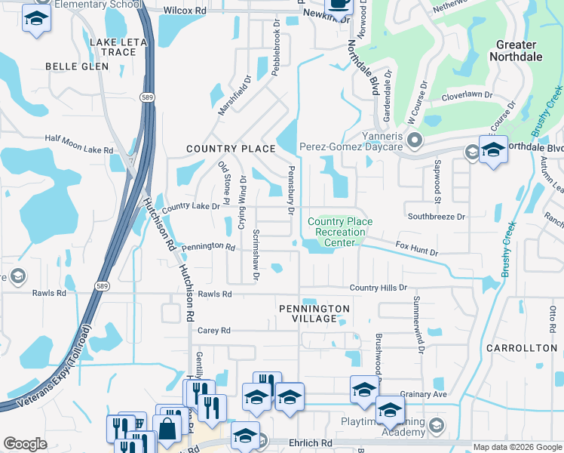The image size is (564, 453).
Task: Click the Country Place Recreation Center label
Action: (340, 232)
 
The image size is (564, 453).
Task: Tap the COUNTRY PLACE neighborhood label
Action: (231, 149)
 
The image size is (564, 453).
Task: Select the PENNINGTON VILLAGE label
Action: (314, 314)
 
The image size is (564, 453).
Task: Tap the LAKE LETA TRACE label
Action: (118, 47)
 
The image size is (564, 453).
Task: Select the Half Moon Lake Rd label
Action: (78, 139)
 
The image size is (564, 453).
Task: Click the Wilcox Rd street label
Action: (184, 11)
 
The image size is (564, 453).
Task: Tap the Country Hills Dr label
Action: (378, 288)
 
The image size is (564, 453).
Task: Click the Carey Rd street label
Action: (213, 331)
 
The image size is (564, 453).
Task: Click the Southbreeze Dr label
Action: (437, 216)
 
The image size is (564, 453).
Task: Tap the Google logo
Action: (25, 444)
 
